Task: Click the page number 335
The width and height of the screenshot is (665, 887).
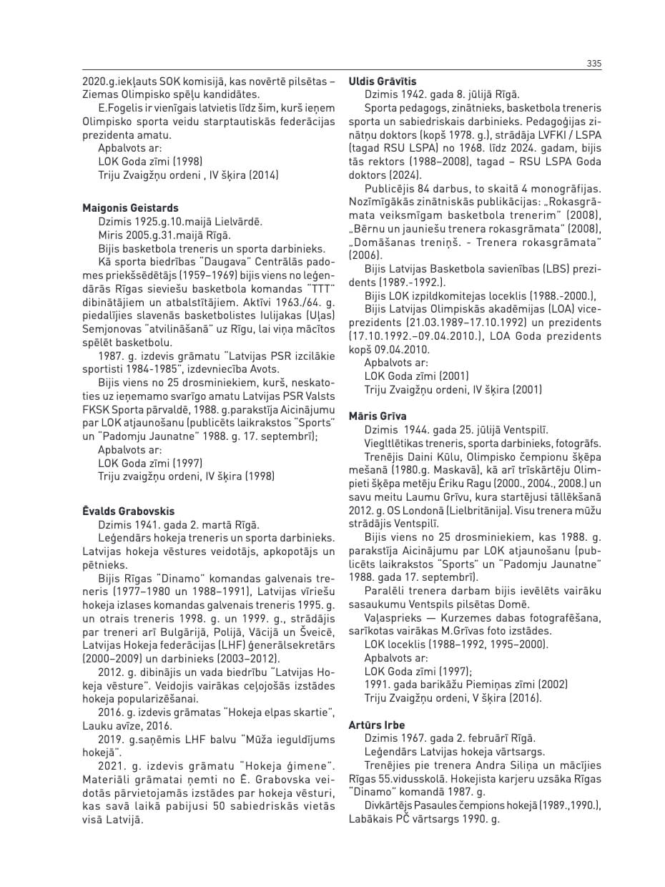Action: click(593, 64)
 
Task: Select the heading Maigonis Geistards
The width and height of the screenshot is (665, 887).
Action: click(130, 208)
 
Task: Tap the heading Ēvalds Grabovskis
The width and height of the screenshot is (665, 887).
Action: click(128, 511)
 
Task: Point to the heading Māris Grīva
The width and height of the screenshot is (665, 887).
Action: click(378, 416)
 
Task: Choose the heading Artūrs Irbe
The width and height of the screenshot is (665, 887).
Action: click(376, 725)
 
